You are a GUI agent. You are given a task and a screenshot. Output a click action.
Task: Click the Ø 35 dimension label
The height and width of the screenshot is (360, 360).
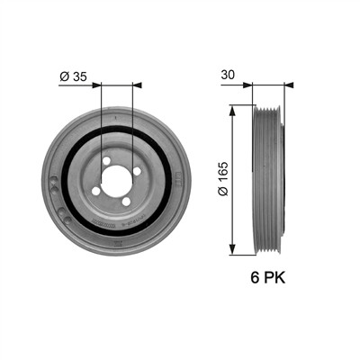(73, 76)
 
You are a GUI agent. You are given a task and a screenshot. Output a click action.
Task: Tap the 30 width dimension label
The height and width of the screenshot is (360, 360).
(228, 75)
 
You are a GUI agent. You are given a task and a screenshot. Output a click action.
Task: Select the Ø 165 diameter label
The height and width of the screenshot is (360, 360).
(223, 179)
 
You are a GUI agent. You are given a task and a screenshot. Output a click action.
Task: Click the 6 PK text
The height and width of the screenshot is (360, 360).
(268, 278)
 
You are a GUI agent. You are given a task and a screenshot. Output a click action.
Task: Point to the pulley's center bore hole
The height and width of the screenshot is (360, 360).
(117, 182)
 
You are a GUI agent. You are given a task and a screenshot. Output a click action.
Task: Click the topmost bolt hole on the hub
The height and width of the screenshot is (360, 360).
(106, 161)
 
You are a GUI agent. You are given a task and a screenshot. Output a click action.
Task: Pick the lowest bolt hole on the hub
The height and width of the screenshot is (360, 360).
(126, 202)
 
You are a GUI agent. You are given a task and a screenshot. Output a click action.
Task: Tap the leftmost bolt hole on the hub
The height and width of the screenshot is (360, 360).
(95, 191)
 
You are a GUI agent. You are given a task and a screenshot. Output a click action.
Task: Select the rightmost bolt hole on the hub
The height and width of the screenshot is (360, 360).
(137, 171)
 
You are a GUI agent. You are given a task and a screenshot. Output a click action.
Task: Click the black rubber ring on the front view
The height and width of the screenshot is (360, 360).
(67, 181)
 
